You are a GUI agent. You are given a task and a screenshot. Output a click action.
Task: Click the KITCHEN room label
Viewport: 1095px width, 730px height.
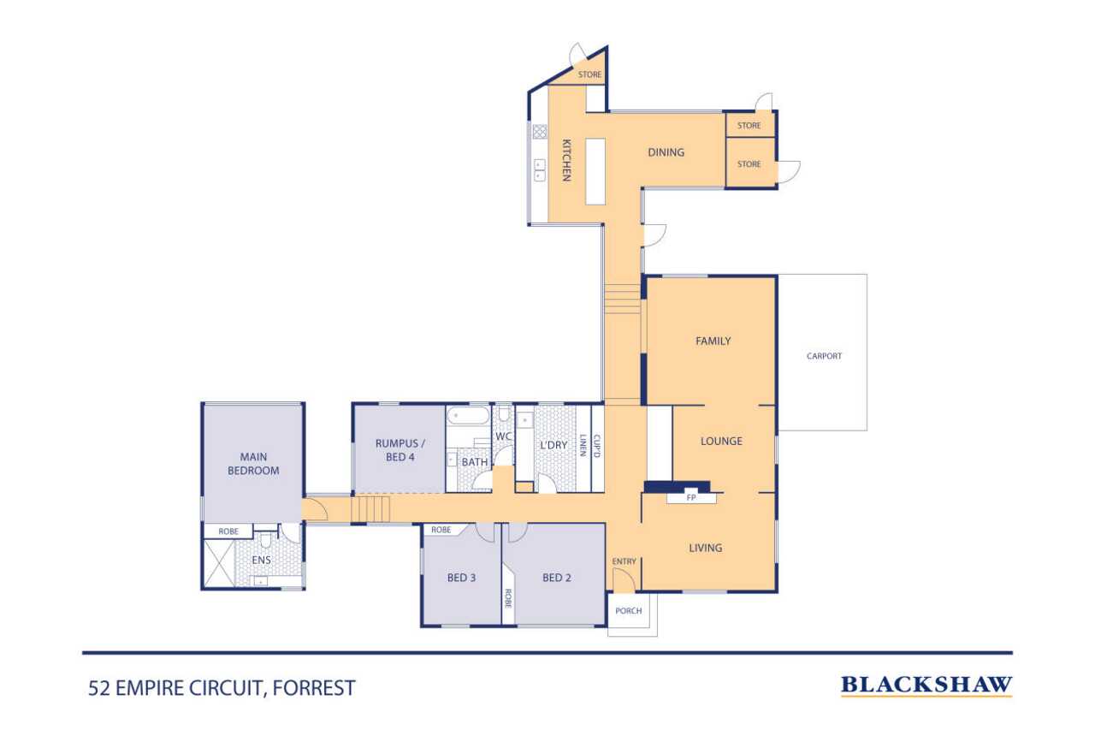pos(566,160)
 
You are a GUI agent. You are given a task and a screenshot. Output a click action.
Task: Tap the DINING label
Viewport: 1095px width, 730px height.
pos(666,152)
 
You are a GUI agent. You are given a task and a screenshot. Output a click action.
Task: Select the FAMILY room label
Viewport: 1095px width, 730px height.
pos(713,341)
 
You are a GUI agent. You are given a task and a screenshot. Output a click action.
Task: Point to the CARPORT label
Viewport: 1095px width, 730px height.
pos(824,356)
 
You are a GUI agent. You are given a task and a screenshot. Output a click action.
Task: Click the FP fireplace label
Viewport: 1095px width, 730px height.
pos(691,498)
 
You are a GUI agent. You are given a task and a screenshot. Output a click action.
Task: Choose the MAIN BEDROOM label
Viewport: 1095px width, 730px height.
pos(253,464)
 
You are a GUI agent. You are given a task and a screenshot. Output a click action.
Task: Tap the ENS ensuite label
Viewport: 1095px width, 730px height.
pos(262,560)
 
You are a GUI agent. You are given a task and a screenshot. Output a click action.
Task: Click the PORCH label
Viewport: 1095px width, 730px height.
pos(629,611)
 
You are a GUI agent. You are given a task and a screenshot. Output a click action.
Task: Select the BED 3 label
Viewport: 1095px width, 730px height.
pos(461,578)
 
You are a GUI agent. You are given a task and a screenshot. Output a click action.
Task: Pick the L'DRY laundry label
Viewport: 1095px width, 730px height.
pos(553,445)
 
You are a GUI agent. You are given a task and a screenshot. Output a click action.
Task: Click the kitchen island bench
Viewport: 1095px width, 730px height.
pos(595,171)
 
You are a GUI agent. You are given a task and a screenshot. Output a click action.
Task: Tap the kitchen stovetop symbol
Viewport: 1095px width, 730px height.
pos(540,132)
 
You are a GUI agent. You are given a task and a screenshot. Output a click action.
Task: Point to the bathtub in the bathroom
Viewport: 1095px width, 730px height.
pos(468,415)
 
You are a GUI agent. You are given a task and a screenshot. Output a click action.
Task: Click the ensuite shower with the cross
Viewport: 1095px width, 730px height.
pos(219,563)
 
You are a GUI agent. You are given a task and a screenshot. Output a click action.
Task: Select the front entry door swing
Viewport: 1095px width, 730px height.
pos(624,580)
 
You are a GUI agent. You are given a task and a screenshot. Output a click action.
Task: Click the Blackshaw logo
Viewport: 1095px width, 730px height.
pos(926,685)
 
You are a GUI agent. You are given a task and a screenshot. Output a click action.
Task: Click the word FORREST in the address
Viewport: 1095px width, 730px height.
pos(314,688)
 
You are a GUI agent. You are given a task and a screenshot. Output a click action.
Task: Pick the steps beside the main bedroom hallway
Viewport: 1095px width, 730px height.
pos(370,509)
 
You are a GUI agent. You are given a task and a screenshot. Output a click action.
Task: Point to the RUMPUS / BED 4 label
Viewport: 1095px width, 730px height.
pos(400,450)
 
